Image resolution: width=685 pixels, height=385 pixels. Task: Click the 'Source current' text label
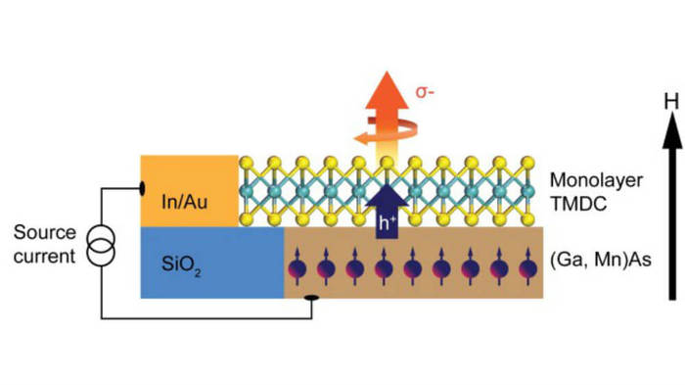click(44, 245)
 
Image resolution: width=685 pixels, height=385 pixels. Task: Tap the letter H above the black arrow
click(670, 101)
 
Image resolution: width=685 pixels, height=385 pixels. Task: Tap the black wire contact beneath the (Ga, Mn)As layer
click(312, 298)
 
